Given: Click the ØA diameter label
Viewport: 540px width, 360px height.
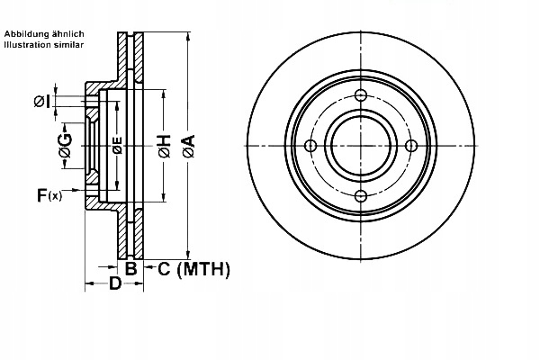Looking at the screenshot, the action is click(189, 147).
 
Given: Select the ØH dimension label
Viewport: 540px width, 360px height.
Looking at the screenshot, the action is click(165, 147).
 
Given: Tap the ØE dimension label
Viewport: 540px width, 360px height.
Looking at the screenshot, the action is click(117, 146).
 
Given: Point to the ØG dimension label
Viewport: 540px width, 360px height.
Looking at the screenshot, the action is click(66, 146).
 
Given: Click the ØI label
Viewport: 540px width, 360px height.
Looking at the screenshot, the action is click(42, 102).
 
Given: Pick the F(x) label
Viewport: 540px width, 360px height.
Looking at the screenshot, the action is click(49, 195).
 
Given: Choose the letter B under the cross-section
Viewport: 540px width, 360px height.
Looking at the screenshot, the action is click(130, 268).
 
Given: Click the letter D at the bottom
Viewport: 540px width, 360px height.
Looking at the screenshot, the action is click(115, 283).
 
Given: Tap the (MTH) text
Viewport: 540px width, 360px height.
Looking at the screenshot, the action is click(203, 269).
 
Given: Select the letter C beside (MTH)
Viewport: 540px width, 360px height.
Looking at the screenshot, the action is click(165, 269).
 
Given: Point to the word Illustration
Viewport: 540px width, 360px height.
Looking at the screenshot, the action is click(28, 44).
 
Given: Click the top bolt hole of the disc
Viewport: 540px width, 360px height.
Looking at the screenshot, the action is click(361, 95).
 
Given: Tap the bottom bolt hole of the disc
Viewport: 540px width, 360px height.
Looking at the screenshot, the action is click(361, 196).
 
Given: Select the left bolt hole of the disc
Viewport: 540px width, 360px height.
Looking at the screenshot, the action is click(310, 146).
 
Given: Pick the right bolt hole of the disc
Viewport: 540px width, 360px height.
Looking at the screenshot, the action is click(411, 146).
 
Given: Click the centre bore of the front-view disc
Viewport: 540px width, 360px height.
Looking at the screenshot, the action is click(361, 146).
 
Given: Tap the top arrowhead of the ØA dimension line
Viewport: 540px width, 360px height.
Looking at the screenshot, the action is click(188, 37).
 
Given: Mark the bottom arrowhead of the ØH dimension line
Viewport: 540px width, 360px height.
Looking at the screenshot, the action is click(164, 197).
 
